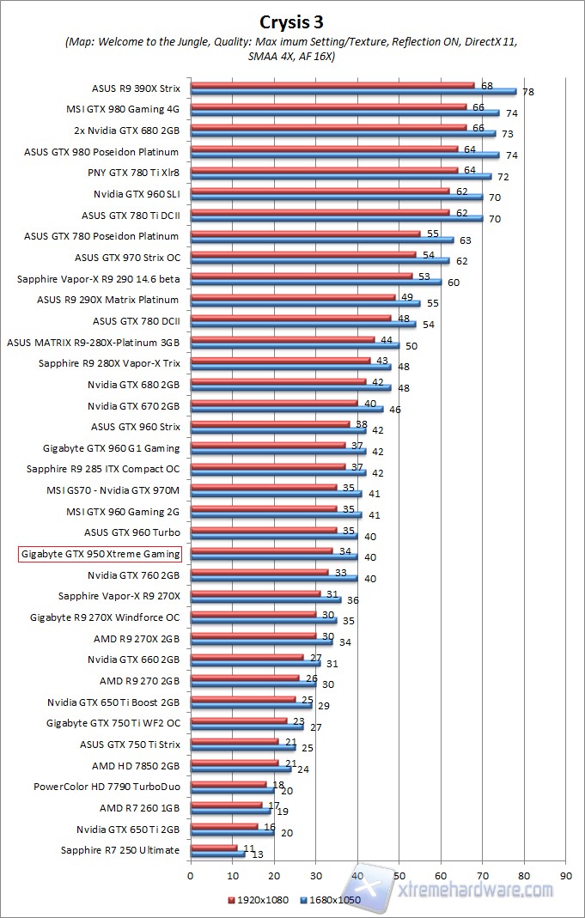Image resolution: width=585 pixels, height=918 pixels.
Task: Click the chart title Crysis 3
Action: coord(292,21)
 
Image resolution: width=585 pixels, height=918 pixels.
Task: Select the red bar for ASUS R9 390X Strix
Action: coord(332,85)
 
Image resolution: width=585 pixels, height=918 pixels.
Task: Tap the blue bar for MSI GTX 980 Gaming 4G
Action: coord(344,112)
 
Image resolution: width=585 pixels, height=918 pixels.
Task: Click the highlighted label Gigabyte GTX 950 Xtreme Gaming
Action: coord(100,554)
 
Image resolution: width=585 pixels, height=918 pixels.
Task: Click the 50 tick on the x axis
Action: coord(399,876)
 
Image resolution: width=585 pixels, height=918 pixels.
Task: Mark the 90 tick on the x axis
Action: coord(565,876)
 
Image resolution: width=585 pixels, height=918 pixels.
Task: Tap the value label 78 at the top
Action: coord(527,92)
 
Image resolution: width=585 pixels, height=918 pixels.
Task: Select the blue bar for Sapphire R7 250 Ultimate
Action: coord(216,854)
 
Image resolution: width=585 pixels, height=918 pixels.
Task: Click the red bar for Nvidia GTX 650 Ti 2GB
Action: coord(223,826)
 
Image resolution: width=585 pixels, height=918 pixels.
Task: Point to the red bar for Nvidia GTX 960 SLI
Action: coord(319,191)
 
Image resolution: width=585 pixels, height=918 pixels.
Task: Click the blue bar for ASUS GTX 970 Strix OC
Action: coord(319,260)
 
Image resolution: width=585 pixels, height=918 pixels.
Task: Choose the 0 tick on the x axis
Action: coord(191,876)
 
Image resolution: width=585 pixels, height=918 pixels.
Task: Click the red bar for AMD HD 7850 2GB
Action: coord(234,763)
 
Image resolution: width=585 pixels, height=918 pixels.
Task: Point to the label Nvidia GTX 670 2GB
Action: coord(133,405)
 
